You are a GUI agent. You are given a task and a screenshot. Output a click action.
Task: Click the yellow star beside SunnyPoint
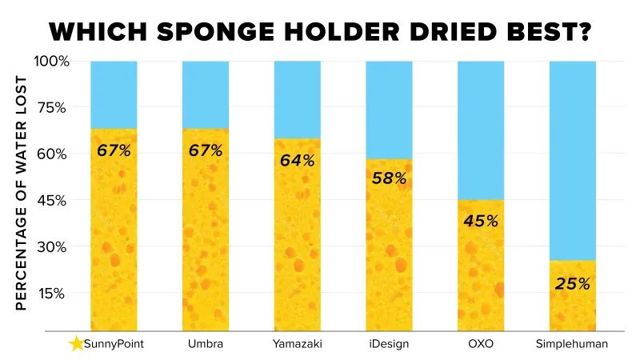[x=76, y=344]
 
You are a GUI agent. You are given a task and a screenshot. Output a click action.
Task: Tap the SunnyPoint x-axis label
[x=114, y=345]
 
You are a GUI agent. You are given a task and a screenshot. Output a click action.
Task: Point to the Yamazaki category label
[x=297, y=345]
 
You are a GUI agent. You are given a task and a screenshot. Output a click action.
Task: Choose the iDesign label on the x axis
[x=389, y=345]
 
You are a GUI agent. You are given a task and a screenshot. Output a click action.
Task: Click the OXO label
[x=481, y=345]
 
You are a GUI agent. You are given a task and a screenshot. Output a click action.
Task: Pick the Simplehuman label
[x=573, y=345]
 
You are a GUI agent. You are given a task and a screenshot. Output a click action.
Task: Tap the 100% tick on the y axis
[x=52, y=62]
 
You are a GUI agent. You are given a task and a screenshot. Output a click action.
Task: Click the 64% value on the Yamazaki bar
[x=297, y=160]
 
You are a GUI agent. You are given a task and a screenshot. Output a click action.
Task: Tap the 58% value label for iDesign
[x=389, y=178]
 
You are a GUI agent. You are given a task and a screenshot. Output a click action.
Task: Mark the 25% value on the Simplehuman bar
[x=573, y=283]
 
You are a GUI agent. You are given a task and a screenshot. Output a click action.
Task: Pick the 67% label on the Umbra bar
[x=206, y=150]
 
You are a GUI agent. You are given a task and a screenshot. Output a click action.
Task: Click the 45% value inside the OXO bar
[x=481, y=221]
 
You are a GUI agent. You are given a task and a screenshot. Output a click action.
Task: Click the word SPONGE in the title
[x=236, y=32]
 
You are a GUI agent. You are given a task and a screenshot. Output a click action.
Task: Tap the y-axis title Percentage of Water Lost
[x=22, y=194]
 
